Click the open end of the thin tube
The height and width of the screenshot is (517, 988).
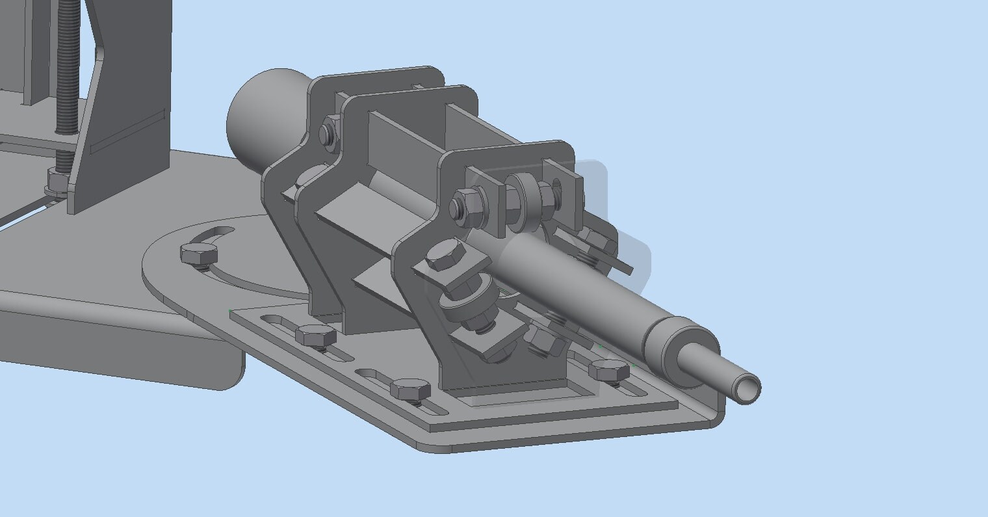(x=747, y=390)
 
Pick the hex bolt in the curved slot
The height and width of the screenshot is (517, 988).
(x=198, y=254)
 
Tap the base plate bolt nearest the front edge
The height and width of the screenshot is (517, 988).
(x=410, y=390)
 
